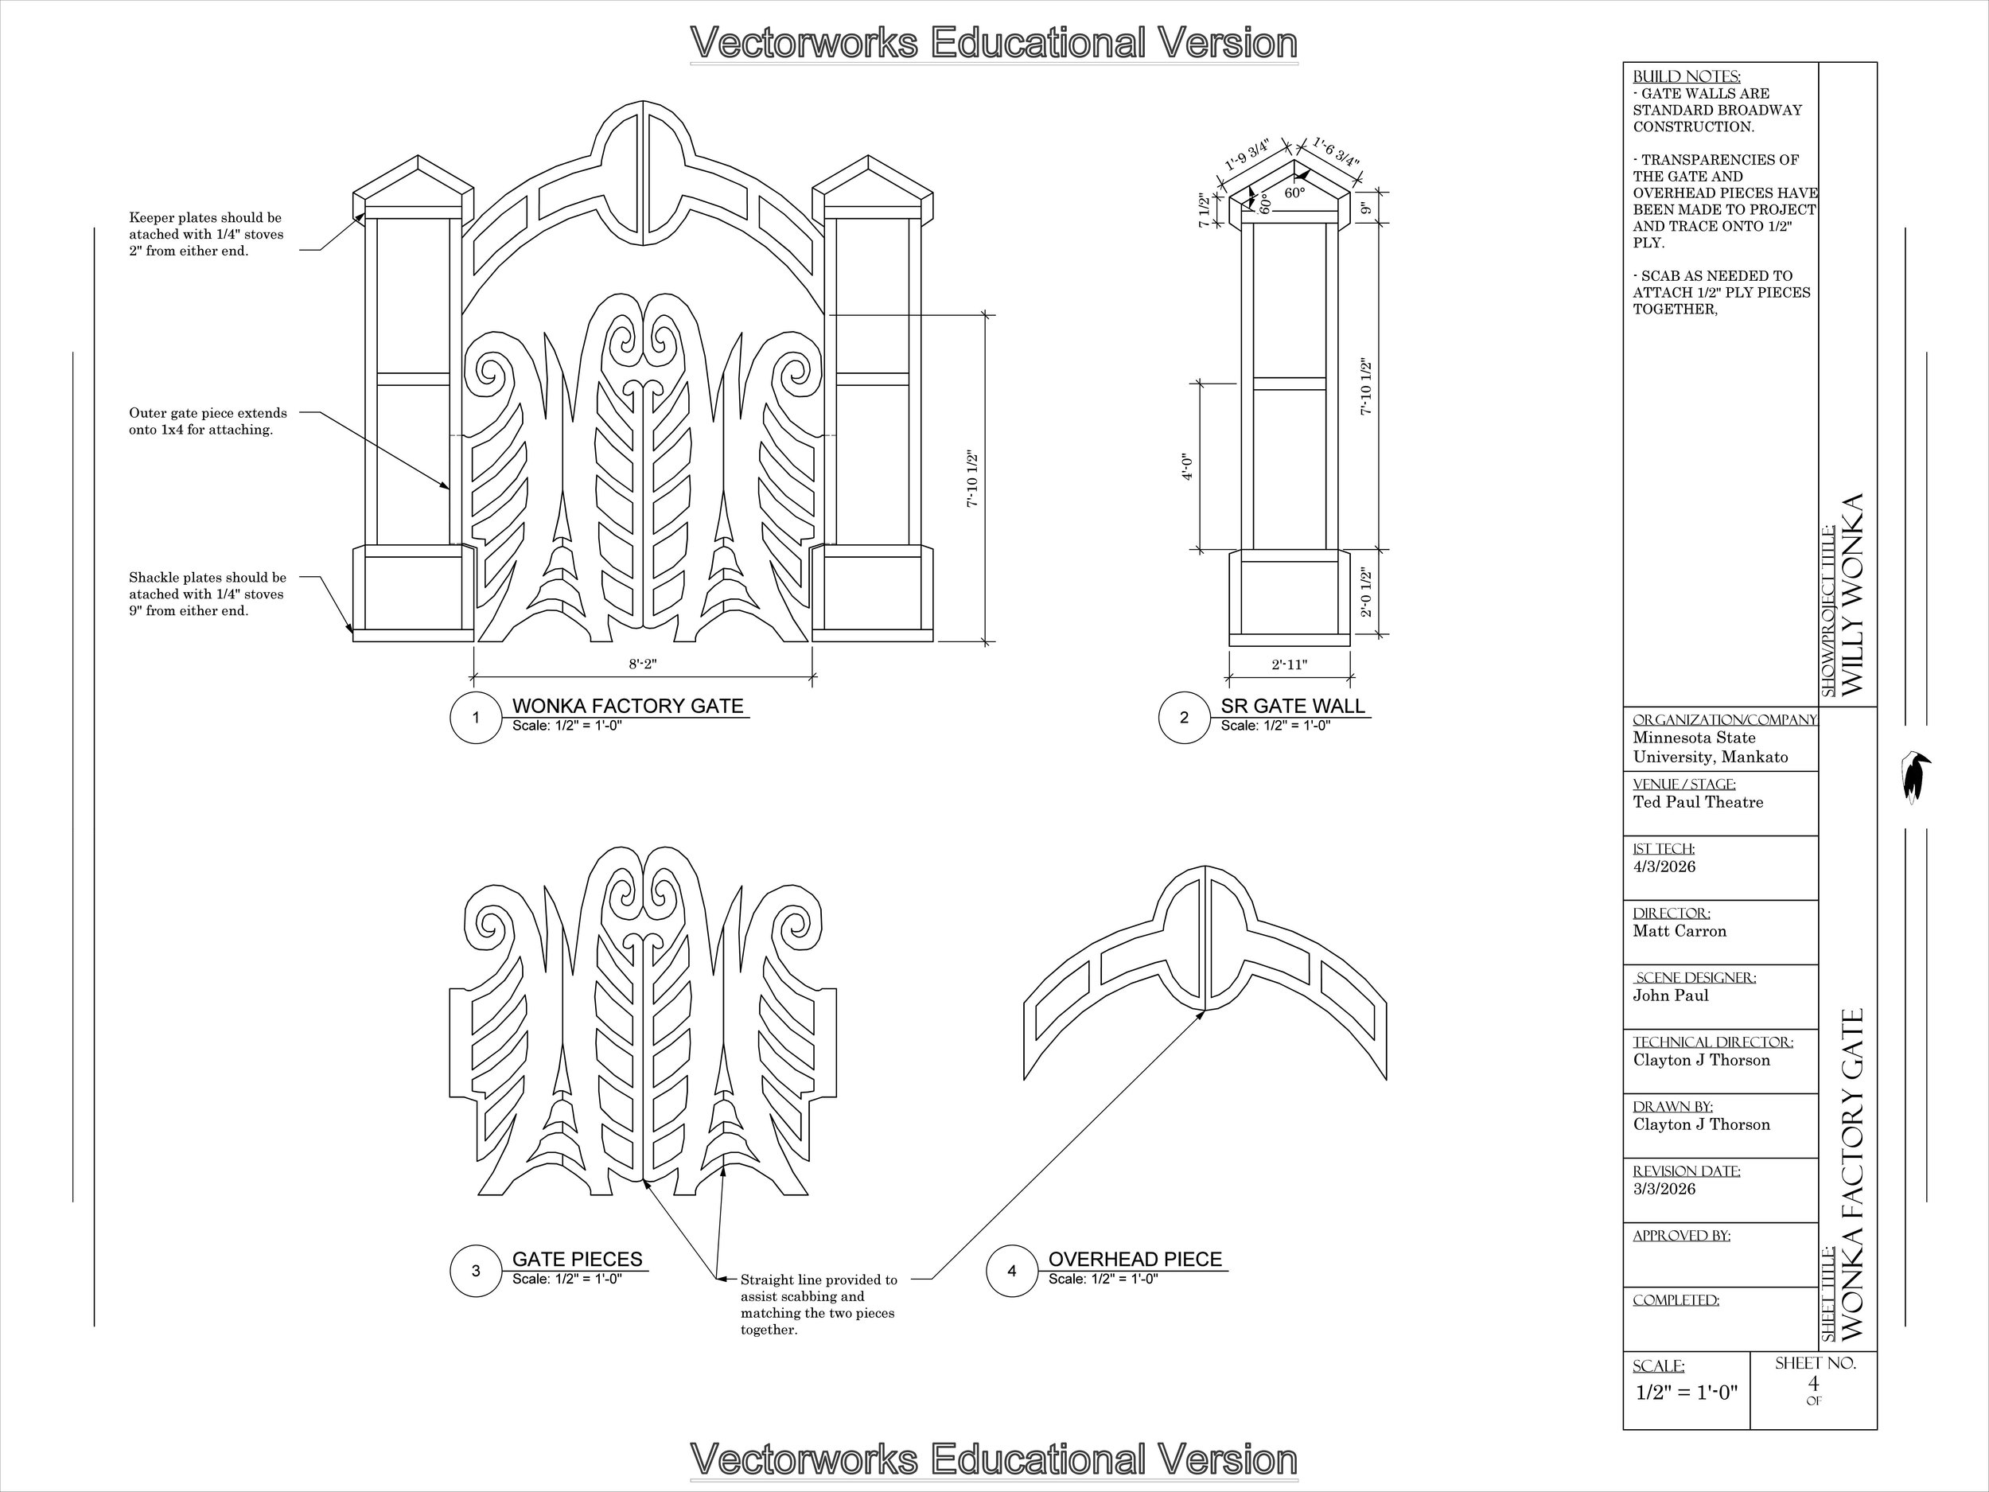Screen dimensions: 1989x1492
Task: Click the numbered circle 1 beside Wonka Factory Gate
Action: (x=476, y=718)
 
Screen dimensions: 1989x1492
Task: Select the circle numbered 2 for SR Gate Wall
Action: (x=1183, y=718)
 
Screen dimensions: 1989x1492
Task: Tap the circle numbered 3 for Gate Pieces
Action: (x=476, y=1271)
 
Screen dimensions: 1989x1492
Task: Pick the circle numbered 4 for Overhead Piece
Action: (x=1011, y=1271)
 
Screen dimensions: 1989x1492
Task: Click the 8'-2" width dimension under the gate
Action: (x=643, y=664)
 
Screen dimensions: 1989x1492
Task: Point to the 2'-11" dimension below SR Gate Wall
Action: (x=1290, y=664)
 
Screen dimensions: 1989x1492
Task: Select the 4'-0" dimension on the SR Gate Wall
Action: (x=1188, y=467)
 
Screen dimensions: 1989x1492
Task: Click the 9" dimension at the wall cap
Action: (x=1364, y=208)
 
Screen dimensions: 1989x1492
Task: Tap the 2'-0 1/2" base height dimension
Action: (x=1366, y=592)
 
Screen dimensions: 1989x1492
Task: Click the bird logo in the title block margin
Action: (x=1915, y=776)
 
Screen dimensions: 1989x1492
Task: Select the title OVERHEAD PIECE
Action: (x=1135, y=1258)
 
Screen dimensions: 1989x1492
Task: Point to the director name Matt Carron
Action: (x=1680, y=931)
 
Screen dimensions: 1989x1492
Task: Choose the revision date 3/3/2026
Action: (x=1664, y=1189)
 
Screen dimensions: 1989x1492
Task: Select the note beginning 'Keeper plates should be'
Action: (x=206, y=234)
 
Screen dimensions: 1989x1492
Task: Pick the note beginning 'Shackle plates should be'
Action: (x=208, y=594)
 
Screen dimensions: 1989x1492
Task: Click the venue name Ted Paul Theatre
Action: (x=1699, y=801)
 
